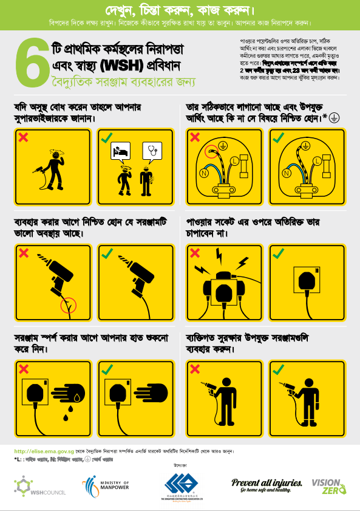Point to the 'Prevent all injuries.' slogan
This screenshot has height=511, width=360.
(267, 482)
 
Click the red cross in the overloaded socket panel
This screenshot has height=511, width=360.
(195, 253)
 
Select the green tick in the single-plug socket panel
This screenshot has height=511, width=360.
(279, 253)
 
